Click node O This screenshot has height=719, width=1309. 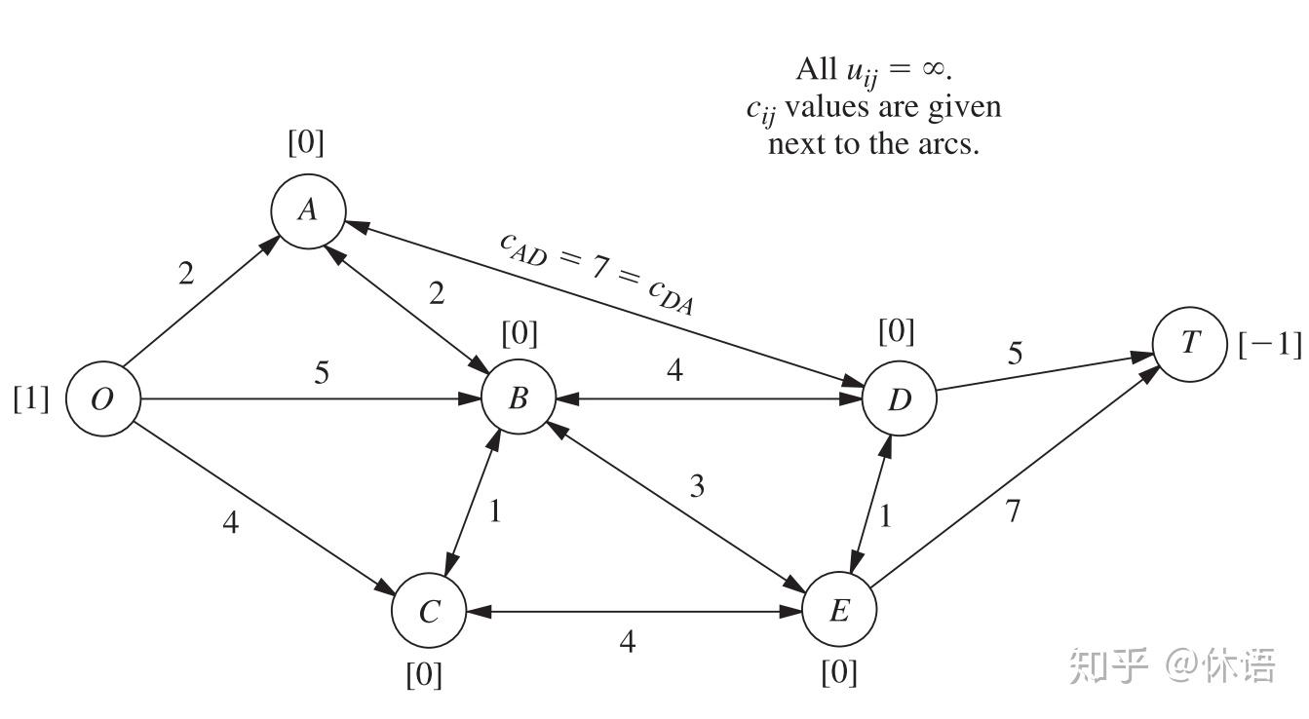[103, 398]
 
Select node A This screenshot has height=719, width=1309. [309, 210]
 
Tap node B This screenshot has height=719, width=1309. [519, 397]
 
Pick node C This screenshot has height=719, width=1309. [429, 610]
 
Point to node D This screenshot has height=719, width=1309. [900, 398]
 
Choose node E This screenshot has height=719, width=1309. [840, 609]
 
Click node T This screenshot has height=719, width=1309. [1190, 344]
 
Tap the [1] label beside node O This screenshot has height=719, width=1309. [31, 399]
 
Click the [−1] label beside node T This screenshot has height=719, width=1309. [1270, 344]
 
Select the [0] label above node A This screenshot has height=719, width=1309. [306, 142]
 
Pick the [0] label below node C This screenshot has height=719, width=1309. [424, 675]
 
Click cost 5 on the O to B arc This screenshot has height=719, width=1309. [322, 372]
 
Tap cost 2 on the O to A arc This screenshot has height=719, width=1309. [186, 273]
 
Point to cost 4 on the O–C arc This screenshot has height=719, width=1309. [231, 522]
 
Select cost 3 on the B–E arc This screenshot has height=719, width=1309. [697, 486]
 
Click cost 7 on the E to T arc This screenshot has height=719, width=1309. [1013, 511]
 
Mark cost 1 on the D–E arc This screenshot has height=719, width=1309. [886, 516]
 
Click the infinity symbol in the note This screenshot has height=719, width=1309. [934, 69]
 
